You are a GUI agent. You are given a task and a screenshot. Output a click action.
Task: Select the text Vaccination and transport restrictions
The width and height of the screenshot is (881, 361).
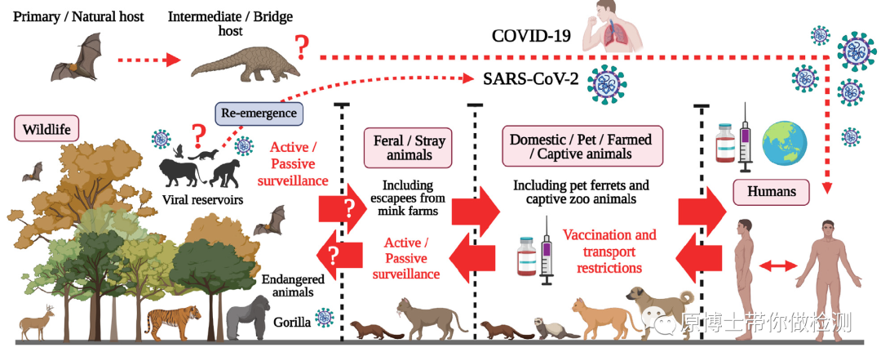pos(609,251)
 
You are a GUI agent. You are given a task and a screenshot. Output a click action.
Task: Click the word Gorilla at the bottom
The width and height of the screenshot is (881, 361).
pos(291,322)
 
